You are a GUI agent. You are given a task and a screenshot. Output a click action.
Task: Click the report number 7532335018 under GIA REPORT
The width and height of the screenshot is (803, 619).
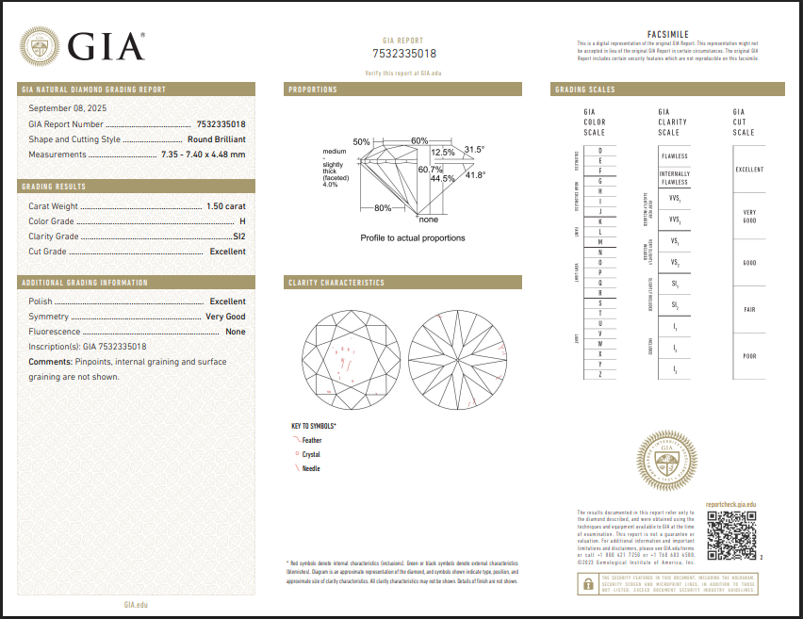pyautogui.click(x=408, y=54)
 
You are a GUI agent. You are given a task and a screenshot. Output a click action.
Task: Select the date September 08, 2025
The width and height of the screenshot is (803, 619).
pyautogui.click(x=68, y=108)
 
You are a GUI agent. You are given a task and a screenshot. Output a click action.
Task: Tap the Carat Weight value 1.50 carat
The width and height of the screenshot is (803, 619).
pyautogui.click(x=226, y=205)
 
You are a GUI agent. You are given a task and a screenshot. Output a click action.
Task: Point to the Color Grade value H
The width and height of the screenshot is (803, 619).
pyautogui.click(x=242, y=221)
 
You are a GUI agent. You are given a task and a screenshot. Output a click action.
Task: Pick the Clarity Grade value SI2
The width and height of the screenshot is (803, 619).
pyautogui.click(x=238, y=236)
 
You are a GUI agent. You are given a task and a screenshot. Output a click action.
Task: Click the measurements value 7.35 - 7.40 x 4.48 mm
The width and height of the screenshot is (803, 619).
pyautogui.click(x=204, y=155)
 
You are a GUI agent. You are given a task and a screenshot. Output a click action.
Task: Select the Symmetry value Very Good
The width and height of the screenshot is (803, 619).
pyautogui.click(x=225, y=317)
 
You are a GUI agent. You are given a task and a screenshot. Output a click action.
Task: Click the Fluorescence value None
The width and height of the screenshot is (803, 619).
pyautogui.click(x=235, y=332)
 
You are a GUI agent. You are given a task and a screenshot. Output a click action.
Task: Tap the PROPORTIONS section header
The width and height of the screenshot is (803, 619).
pyautogui.click(x=313, y=90)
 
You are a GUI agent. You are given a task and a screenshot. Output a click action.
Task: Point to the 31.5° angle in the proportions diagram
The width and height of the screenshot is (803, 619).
pyautogui.click(x=473, y=150)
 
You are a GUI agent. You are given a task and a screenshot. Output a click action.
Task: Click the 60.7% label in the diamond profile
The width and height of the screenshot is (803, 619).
pyautogui.click(x=430, y=170)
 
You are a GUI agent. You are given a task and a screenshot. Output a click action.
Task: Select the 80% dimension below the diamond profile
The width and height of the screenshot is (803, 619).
pyautogui.click(x=383, y=207)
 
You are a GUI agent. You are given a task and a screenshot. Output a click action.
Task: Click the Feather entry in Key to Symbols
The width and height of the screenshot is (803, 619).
pyautogui.click(x=311, y=440)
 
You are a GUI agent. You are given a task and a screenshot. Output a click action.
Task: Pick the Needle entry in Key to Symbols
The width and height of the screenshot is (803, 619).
pyautogui.click(x=311, y=468)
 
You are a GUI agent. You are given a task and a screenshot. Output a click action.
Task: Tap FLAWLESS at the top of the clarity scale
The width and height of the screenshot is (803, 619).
pyautogui.click(x=674, y=156)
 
